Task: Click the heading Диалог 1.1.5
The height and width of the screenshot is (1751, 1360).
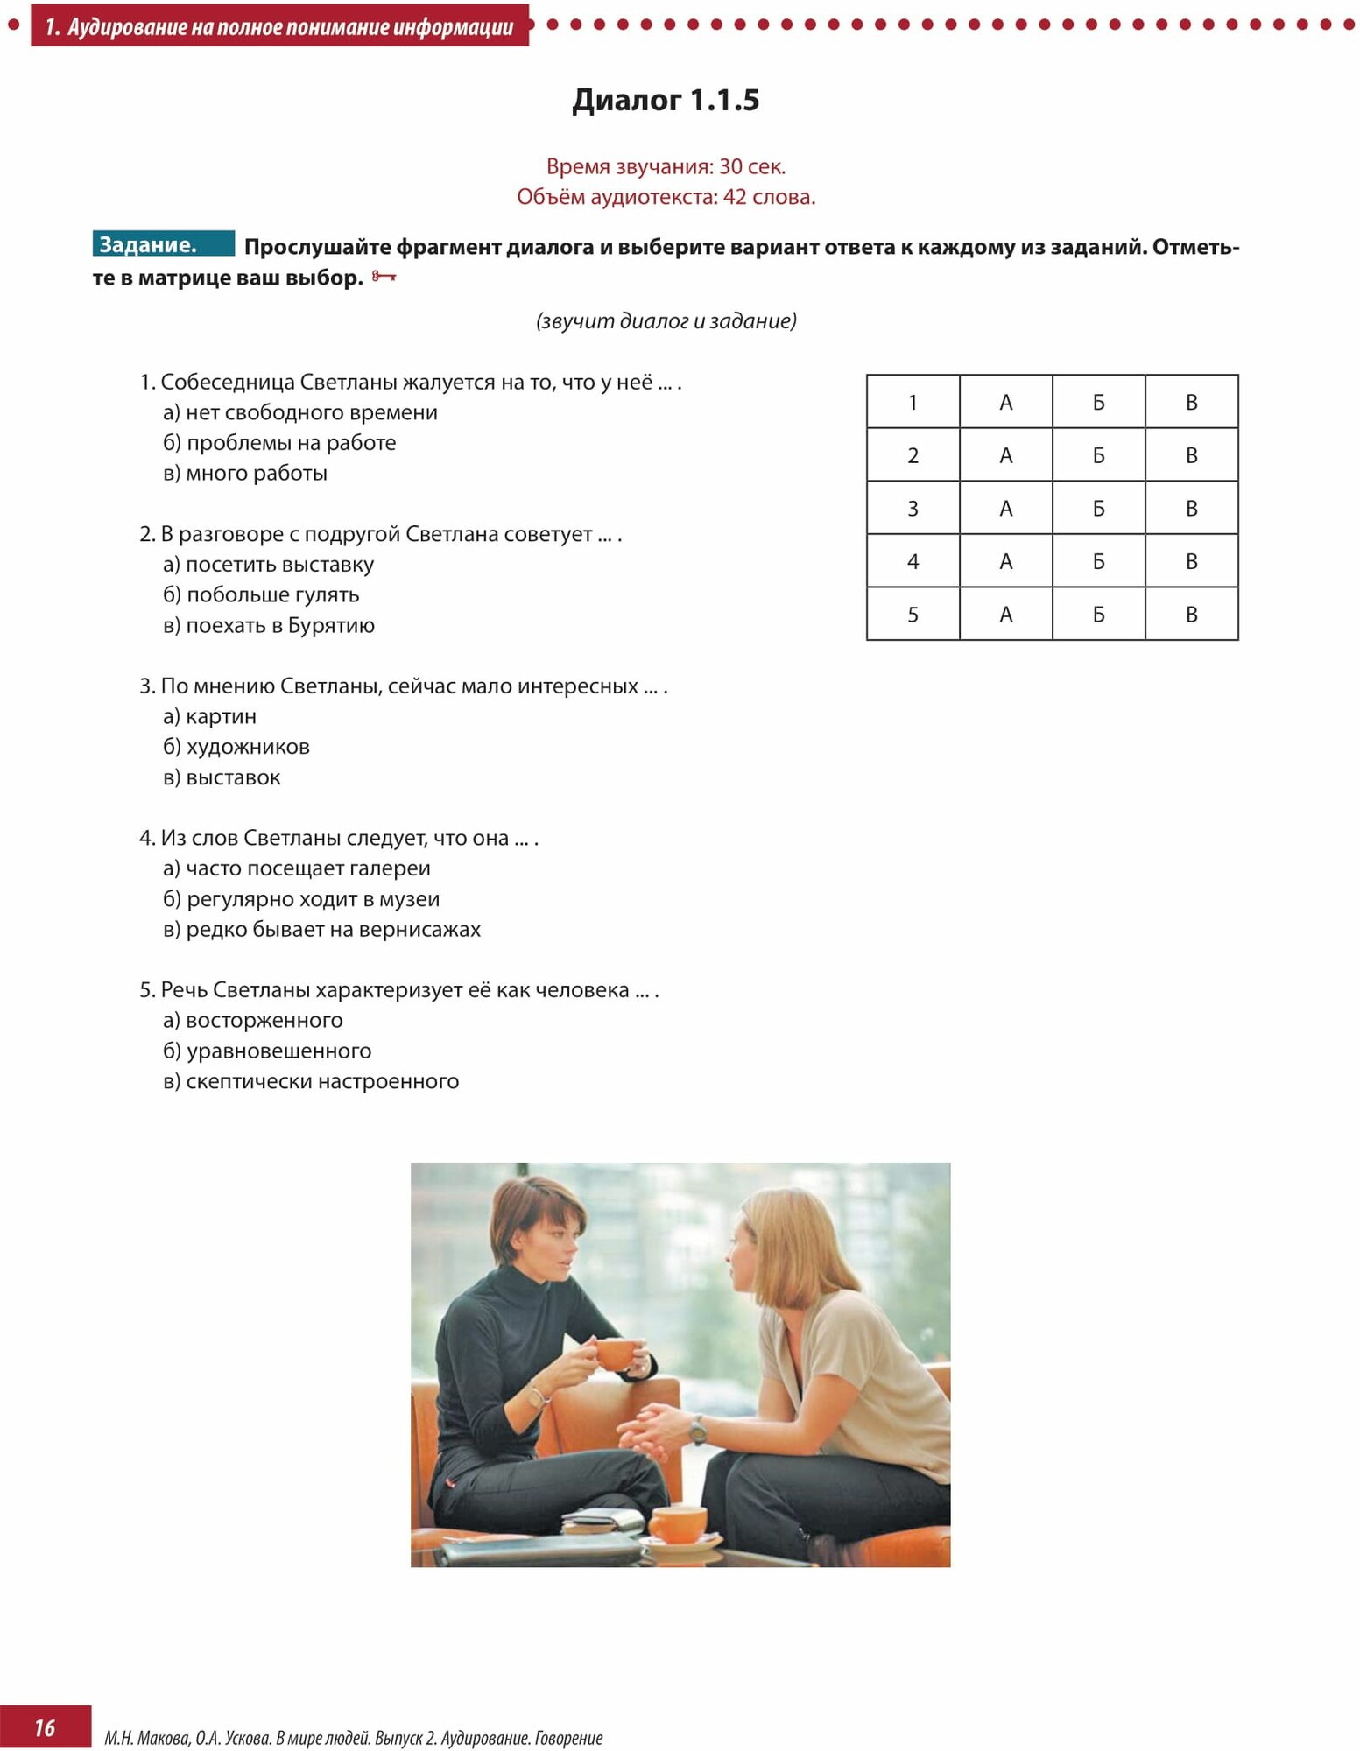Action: point(666,100)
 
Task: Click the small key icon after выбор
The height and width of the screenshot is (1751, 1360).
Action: point(384,278)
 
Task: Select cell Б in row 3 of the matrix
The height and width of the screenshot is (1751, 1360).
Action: point(1098,508)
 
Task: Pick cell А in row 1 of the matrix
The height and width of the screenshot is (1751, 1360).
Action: point(1005,402)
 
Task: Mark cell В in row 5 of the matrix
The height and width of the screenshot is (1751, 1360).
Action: point(1191,615)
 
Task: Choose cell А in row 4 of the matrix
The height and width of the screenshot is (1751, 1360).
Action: point(1005,561)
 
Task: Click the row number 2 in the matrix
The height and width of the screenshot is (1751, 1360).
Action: point(913,455)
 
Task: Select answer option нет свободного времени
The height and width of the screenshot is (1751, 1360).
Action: point(311,412)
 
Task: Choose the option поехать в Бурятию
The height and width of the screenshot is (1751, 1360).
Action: point(279,625)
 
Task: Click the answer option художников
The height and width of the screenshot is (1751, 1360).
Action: point(248,747)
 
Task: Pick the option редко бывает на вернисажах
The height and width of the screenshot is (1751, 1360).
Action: point(333,929)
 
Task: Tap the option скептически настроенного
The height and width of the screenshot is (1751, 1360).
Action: point(322,1081)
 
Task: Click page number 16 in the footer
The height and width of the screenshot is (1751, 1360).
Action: point(45,1726)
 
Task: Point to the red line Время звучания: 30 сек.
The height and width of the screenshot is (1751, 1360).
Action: point(666,166)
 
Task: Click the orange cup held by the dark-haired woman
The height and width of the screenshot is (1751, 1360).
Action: point(617,1353)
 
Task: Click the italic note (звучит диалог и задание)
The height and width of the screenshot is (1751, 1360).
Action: point(666,321)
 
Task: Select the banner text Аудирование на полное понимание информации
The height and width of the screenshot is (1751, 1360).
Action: point(289,27)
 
